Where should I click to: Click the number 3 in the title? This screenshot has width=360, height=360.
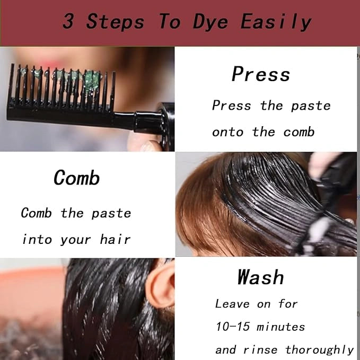[x=68, y=21]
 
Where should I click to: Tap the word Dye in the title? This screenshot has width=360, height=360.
[x=210, y=22]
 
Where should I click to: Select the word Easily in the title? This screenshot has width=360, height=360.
[x=276, y=22]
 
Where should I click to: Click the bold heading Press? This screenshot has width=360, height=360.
[x=261, y=74]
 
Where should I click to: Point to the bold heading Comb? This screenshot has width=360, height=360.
[x=77, y=178]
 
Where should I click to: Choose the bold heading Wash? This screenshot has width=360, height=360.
[x=260, y=277]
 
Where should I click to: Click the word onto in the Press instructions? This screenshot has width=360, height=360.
[x=227, y=133]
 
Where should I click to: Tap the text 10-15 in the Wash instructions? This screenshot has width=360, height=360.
[x=232, y=326]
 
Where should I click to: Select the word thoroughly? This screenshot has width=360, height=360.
[x=319, y=350]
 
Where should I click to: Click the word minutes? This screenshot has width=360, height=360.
[x=280, y=327]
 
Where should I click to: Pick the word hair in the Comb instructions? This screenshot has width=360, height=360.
[x=115, y=239]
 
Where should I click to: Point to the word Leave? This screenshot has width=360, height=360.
[x=232, y=304]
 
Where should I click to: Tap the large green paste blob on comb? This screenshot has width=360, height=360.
[x=92, y=79]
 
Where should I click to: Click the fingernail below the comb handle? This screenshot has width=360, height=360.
[x=149, y=146]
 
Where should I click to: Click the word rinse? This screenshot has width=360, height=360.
[x=260, y=350]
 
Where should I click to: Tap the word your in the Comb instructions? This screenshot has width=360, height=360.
[x=75, y=240]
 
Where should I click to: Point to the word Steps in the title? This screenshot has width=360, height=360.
[x=115, y=21]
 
